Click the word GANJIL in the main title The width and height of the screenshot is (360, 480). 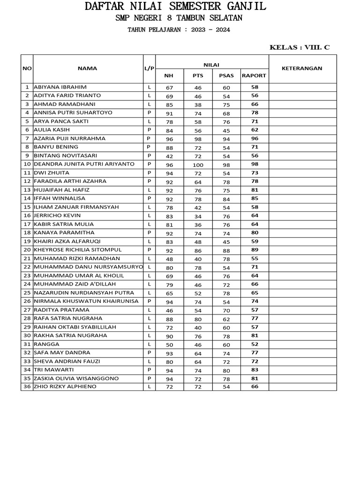click(x=244, y=7)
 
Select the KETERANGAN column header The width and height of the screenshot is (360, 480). click(x=302, y=68)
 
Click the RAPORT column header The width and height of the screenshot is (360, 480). click(x=254, y=75)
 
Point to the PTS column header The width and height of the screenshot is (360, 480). click(x=198, y=75)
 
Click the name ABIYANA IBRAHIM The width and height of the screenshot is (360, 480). click(x=60, y=87)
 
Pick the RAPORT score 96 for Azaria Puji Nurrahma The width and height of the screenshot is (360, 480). click(x=255, y=139)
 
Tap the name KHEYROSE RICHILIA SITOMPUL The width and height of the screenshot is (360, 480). click(x=77, y=250)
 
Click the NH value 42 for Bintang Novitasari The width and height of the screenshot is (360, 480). click(x=169, y=156)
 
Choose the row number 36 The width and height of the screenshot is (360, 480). click(x=27, y=387)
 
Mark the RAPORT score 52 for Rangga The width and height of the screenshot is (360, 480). click(x=255, y=344)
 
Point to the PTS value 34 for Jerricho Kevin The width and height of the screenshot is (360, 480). click(x=198, y=216)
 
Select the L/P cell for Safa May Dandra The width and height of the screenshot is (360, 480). click(x=149, y=352)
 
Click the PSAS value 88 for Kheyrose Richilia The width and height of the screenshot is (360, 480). click(x=226, y=250)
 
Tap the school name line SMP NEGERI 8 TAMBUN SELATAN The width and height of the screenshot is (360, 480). click(x=179, y=18)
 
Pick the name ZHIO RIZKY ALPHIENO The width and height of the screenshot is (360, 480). click(x=65, y=387)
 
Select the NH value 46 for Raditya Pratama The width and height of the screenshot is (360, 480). click(x=169, y=310)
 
